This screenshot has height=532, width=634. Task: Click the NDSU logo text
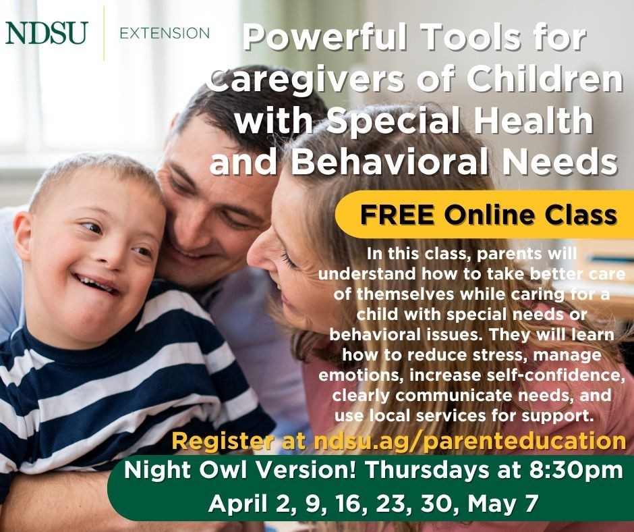pyautogui.click(x=47, y=32)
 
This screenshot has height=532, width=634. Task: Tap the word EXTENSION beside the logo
pyautogui.click(x=164, y=32)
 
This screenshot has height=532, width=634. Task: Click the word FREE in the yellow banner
pyautogui.click(x=391, y=215)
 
